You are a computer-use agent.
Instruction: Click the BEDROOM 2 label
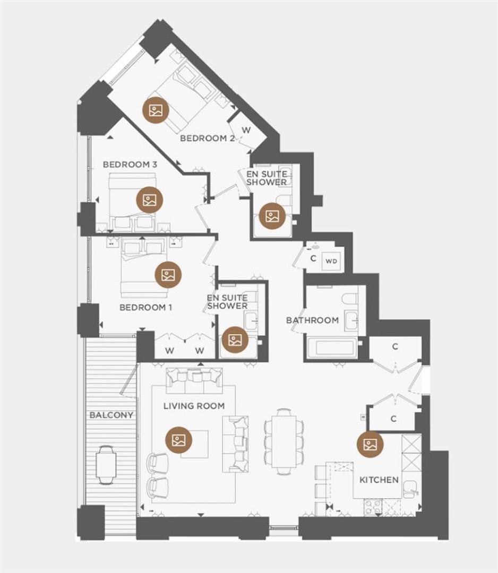[x=207, y=138]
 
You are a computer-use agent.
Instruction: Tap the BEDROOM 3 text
[x=130, y=165]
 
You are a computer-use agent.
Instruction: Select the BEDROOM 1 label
[x=145, y=307]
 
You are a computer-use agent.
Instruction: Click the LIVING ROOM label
[x=194, y=406]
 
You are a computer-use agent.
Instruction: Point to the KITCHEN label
[x=379, y=480]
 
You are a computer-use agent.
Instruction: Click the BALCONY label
[x=111, y=415]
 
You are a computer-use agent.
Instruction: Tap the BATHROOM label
[x=312, y=320]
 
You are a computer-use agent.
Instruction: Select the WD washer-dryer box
[x=331, y=261]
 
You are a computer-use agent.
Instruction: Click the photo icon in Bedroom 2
[x=156, y=110]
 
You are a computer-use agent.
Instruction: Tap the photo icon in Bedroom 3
[x=150, y=200]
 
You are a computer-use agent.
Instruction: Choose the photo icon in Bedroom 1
[x=168, y=275]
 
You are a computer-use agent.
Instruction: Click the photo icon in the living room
[x=179, y=440]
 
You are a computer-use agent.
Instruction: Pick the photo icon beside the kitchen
[x=370, y=445]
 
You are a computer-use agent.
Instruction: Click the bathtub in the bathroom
[x=332, y=347]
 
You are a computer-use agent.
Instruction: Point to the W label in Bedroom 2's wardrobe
[x=246, y=130]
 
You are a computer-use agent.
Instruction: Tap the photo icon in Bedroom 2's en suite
[x=272, y=216]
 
